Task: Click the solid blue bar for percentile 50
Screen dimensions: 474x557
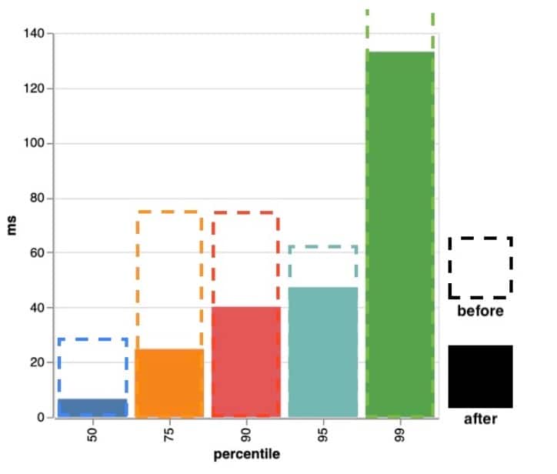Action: click(x=92, y=408)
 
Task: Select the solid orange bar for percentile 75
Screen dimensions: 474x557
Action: click(x=169, y=383)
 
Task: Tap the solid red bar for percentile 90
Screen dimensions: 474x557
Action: click(x=245, y=362)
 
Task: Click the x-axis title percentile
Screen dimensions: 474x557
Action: click(x=246, y=454)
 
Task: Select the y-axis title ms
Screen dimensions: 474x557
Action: click(x=12, y=225)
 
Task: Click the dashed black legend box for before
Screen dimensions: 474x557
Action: click(x=480, y=267)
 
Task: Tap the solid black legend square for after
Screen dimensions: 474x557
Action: click(x=480, y=376)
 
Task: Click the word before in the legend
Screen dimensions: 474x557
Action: click(x=480, y=312)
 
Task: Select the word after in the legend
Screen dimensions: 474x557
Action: click(x=480, y=419)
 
